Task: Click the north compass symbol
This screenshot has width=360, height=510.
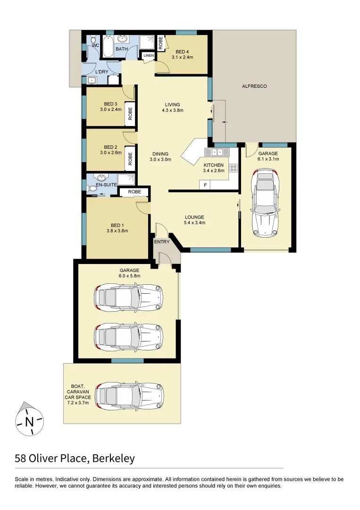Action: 29,420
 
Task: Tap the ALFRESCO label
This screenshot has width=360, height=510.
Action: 254,86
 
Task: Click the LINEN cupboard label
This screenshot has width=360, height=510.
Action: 149,56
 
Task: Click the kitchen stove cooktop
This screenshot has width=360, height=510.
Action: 233,167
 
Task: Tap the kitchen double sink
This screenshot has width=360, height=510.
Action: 216,152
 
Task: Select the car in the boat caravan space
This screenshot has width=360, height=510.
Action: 130,396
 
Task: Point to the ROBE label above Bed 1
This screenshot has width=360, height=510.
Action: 134,192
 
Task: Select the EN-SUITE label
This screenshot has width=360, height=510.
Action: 106,185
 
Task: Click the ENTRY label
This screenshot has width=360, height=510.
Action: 162,242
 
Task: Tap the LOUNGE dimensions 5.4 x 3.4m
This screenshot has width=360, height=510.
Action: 194,223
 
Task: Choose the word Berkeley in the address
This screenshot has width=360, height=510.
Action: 114,458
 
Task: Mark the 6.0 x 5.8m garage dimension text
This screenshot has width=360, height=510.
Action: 129,276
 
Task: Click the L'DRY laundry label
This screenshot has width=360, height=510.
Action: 102,72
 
